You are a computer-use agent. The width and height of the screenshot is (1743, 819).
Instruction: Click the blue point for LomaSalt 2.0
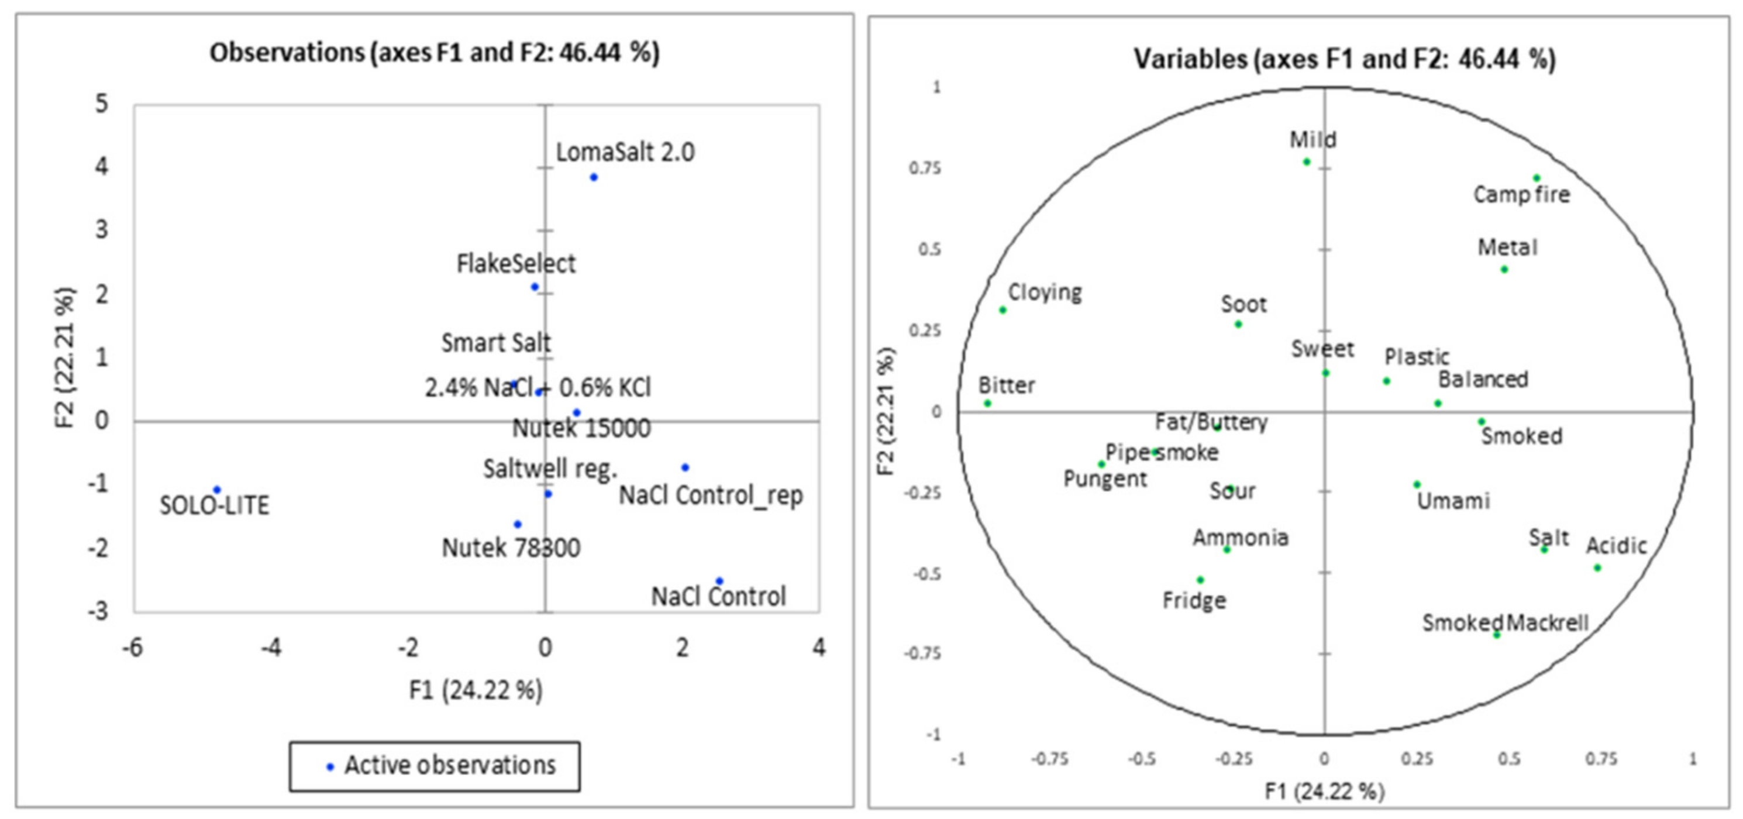point(594,177)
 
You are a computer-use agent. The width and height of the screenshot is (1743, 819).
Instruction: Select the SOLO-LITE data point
point(217,490)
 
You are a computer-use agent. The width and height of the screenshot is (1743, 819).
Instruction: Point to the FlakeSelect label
point(516,263)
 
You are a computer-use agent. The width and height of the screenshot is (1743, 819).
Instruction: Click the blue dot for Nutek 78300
point(518,524)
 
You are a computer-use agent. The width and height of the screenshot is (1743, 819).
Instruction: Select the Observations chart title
point(435,53)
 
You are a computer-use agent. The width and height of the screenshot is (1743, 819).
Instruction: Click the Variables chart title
point(1345,59)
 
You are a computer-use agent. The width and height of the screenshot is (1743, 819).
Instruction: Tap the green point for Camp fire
point(1537,178)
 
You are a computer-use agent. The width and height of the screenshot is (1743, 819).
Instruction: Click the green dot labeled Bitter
point(988,404)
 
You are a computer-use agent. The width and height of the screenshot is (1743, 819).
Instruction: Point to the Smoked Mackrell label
point(1505,622)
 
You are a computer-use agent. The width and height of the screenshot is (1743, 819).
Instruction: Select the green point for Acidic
point(1597,568)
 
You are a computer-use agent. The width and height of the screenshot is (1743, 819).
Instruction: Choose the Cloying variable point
point(1003,310)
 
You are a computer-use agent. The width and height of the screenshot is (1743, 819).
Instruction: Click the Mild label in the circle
point(1313,139)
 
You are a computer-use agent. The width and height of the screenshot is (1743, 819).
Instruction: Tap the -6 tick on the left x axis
point(133,648)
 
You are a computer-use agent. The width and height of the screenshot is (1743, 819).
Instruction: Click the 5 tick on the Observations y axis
point(102,104)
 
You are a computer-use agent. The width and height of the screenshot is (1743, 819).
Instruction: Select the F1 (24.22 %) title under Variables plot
point(1324,790)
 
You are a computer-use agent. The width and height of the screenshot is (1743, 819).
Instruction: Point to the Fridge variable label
point(1194,600)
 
